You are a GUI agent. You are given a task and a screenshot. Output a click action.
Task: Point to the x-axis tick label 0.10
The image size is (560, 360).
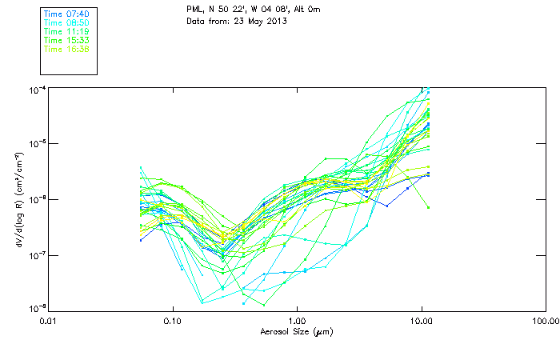click(172, 321)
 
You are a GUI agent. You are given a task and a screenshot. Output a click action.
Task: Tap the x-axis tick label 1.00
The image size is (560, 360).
click(297, 321)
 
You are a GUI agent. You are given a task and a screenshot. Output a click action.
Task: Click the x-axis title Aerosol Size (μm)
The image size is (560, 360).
click(296, 331)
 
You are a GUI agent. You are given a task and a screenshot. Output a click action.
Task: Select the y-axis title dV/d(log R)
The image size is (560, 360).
click(18, 200)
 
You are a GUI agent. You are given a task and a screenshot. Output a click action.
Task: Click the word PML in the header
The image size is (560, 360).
click(194, 9)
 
